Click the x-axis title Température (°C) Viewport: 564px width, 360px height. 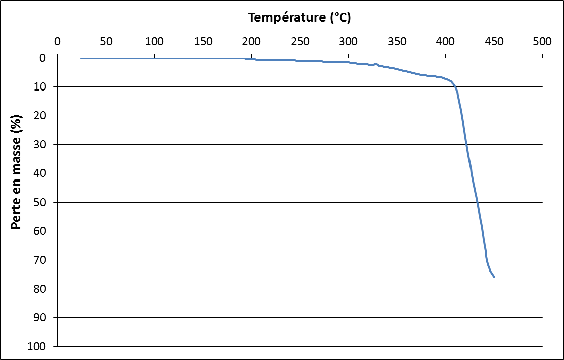point(300,18)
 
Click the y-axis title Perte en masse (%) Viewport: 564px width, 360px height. point(16,173)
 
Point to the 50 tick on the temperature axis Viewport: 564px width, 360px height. point(106,41)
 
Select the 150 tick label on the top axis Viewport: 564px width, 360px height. point(203,41)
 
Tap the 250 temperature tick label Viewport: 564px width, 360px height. point(300,41)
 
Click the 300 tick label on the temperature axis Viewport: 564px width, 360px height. point(348,41)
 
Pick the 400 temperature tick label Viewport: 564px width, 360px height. point(445,41)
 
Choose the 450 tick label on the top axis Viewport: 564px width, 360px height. point(494,41)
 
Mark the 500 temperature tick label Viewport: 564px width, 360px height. point(542,41)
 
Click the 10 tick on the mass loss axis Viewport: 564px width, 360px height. point(43,87)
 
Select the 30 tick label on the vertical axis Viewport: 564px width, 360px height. point(43,145)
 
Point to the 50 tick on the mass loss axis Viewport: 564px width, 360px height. point(43,203)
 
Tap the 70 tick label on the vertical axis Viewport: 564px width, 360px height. point(43,260)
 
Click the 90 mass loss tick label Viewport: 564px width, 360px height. point(43,318)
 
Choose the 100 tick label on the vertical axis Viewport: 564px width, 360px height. point(41,347)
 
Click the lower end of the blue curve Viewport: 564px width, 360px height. point(494,277)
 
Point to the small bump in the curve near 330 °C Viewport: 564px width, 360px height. point(375,64)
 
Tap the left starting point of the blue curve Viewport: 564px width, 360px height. point(81,58)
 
